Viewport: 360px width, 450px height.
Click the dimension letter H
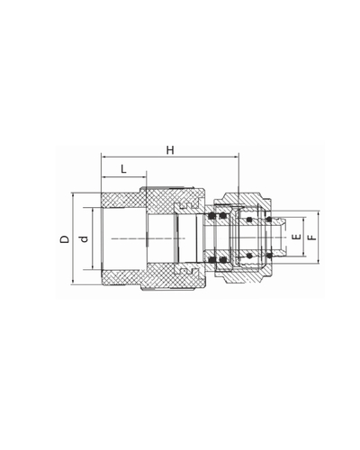(x=169, y=150)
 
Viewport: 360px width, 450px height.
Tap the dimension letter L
(x=122, y=168)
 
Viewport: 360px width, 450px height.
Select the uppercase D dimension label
(x=63, y=239)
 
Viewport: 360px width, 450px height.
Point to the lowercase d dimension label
(x=82, y=239)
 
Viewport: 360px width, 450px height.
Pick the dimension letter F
(x=310, y=239)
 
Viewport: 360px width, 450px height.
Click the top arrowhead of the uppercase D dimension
(x=74, y=196)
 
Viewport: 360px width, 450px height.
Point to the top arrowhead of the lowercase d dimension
(x=93, y=210)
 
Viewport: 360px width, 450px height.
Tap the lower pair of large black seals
(x=217, y=262)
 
